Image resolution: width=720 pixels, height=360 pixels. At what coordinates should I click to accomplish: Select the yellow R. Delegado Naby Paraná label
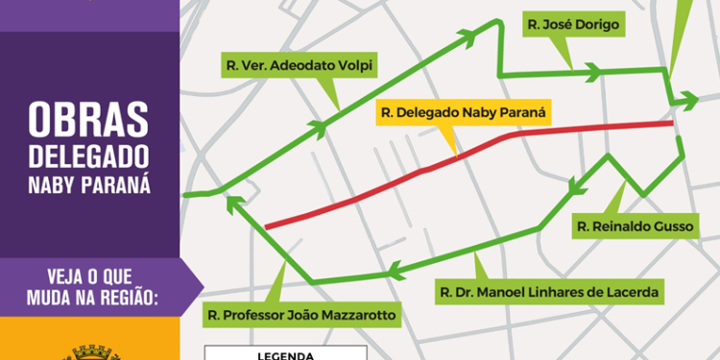463,112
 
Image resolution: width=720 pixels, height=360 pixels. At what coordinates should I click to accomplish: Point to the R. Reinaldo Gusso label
633,227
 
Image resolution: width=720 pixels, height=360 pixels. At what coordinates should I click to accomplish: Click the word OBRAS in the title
89,120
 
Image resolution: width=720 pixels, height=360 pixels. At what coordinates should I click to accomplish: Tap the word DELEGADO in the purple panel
89,156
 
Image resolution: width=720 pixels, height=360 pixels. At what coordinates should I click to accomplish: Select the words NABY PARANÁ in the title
89,183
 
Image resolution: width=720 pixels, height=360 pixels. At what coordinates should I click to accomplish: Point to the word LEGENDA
287,354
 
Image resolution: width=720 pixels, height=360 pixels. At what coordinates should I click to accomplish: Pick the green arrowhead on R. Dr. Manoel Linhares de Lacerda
392,270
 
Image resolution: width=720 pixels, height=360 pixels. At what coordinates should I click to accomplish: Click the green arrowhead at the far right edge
689,99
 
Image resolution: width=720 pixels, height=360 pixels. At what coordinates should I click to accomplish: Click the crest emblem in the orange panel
89,353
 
